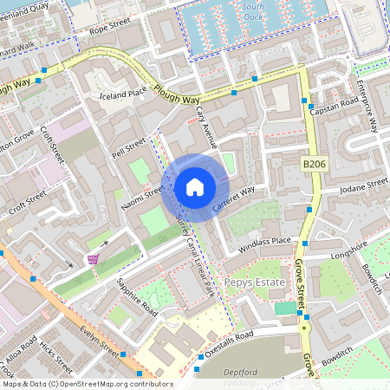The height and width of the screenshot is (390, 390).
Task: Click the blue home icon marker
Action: pos(195,187)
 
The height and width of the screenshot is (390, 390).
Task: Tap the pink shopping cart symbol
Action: pos(93,259)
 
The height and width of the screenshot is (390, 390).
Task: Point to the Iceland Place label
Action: pos(124,94)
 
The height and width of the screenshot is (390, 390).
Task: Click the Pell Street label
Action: pos(129,144)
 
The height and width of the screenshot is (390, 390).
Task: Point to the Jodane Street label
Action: pos(364,186)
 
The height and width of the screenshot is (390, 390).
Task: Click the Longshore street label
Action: pos(349,250)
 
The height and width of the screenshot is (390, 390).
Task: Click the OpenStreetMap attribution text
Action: pos(87,383)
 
